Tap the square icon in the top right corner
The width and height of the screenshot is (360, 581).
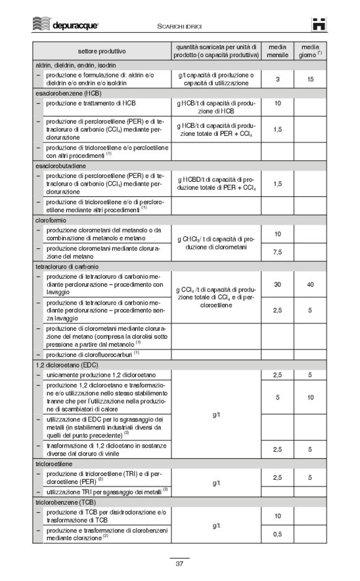319,25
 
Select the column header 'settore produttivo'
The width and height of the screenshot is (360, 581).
102,51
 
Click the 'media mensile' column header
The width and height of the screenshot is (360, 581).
277,51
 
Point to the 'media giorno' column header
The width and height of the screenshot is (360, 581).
310,51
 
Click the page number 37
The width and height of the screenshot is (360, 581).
179,564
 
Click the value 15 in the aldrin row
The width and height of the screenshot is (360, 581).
310,79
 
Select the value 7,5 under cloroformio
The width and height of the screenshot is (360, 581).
277,252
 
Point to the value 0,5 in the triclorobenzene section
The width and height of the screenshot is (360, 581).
277,534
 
